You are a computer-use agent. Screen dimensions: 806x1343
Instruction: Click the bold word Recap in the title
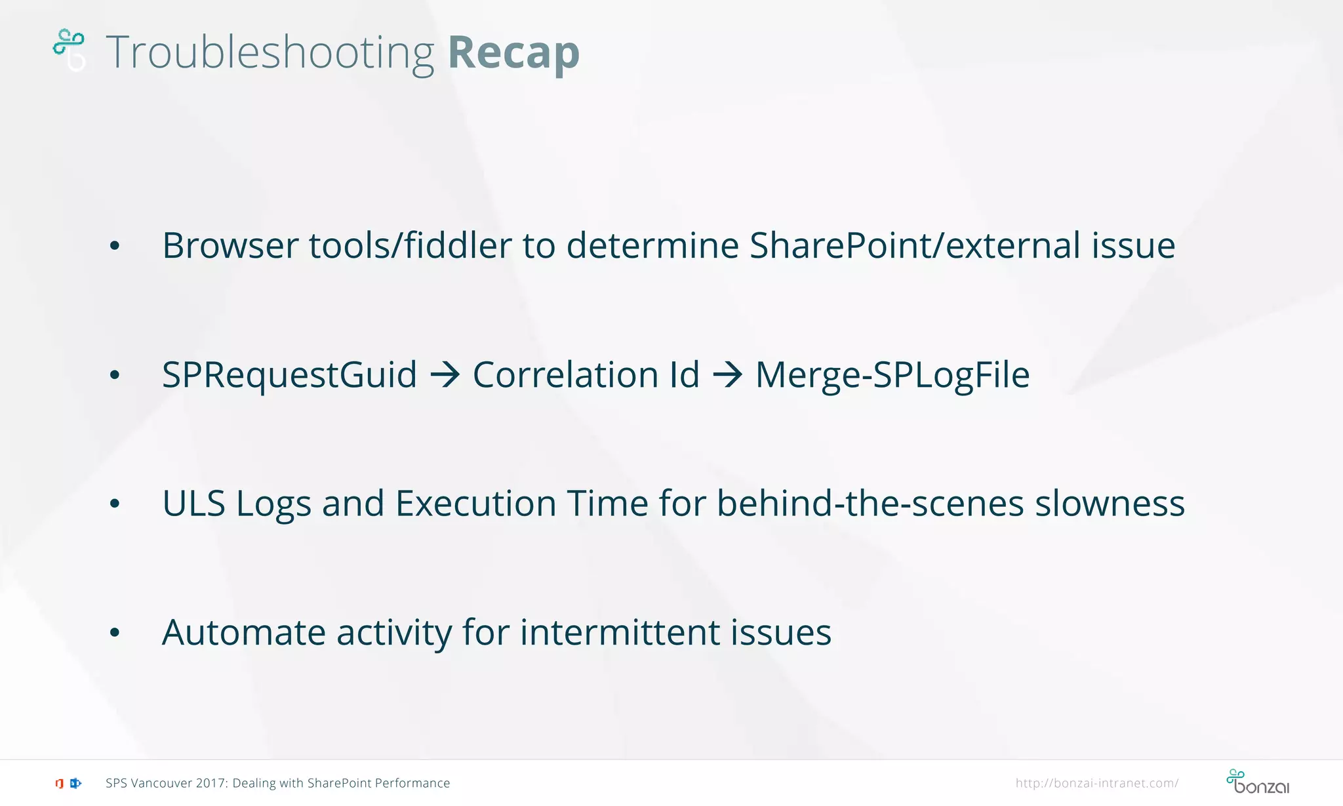[x=513, y=52]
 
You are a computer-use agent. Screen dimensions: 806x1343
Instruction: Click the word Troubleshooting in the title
[x=270, y=52]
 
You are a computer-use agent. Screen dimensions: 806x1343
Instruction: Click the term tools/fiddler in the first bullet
[x=410, y=246]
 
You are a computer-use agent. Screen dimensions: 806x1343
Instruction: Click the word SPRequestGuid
[x=289, y=375]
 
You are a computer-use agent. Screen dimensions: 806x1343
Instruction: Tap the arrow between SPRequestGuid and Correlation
[x=445, y=374]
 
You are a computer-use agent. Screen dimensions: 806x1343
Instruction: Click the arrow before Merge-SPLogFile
[x=727, y=374]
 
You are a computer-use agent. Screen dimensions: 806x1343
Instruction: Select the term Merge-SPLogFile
[x=892, y=375]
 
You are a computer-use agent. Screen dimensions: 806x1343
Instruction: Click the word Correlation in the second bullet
[x=565, y=375]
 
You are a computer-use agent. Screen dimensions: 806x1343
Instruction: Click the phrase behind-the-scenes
[x=870, y=504]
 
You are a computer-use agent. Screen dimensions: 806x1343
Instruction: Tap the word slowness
[x=1110, y=504]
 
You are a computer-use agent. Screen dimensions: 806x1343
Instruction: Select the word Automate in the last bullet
[x=243, y=633]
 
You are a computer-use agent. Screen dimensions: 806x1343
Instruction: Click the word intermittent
[x=620, y=633]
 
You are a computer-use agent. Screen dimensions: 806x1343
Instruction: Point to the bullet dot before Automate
[x=115, y=633]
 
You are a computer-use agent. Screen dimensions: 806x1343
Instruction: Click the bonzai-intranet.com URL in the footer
[x=1096, y=783]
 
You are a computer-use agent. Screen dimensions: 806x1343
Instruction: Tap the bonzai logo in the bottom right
[x=1257, y=782]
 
